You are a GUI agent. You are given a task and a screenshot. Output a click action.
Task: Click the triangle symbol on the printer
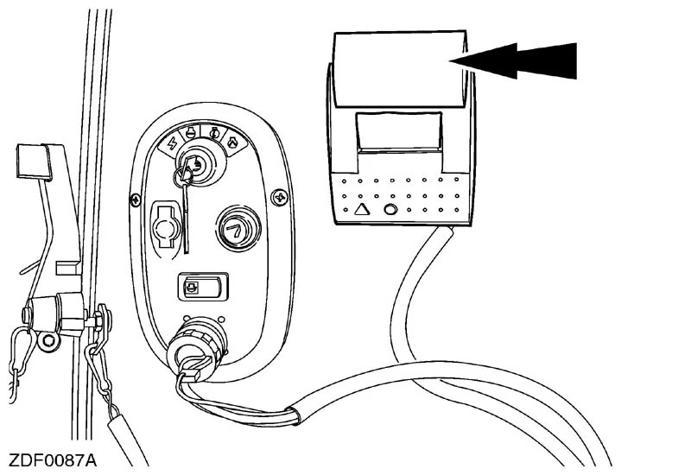click(x=362, y=208)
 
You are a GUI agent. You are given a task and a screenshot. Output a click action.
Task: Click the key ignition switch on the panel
click(x=197, y=164)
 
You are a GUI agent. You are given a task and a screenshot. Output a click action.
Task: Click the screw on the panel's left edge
click(x=135, y=199)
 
